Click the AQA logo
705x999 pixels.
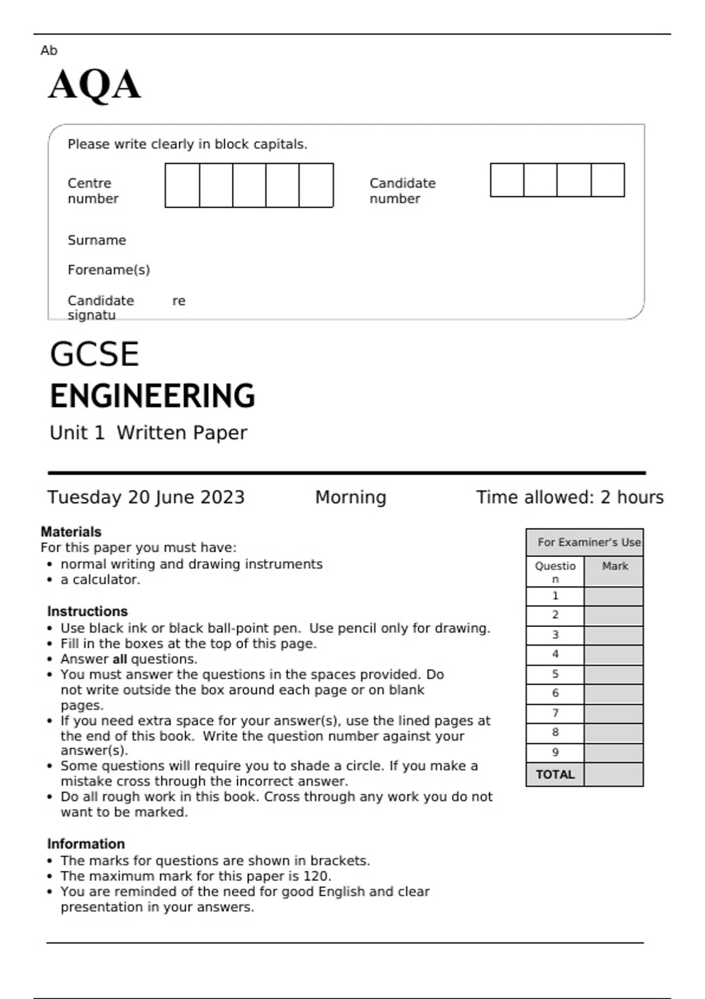pyautogui.click(x=94, y=85)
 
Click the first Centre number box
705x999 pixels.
pyautogui.click(x=182, y=186)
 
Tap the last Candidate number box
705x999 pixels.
pyautogui.click(x=607, y=180)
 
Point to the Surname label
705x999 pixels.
pyautogui.click(x=97, y=240)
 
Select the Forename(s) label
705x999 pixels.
pyautogui.click(x=109, y=270)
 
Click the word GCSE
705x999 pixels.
pyautogui.click(x=94, y=354)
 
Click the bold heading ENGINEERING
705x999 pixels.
pyautogui.click(x=152, y=396)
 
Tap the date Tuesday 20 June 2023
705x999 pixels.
pyautogui.click(x=146, y=498)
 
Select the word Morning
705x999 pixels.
pyautogui.click(x=351, y=498)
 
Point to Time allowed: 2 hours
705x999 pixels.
pyautogui.click(x=569, y=498)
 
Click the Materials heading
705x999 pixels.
pyautogui.click(x=71, y=532)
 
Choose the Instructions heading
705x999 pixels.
pyautogui.click(x=87, y=611)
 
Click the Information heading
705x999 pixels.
pyautogui.click(x=86, y=844)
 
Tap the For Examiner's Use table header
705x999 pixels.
pyautogui.click(x=589, y=542)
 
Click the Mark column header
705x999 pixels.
pyautogui.click(x=615, y=566)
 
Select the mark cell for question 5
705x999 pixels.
pyautogui.click(x=613, y=675)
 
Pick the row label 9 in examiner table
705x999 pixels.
pyautogui.click(x=555, y=753)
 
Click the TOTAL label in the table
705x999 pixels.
pyautogui.click(x=555, y=775)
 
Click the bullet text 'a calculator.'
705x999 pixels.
pyautogui.click(x=100, y=580)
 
